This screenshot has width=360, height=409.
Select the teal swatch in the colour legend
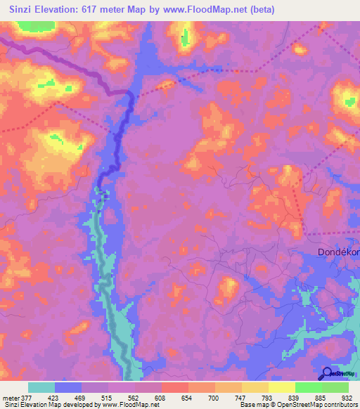coord(41,387)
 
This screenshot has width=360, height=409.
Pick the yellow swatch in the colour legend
coord(282,387)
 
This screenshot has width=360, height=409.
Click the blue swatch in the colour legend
coord(68,387)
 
